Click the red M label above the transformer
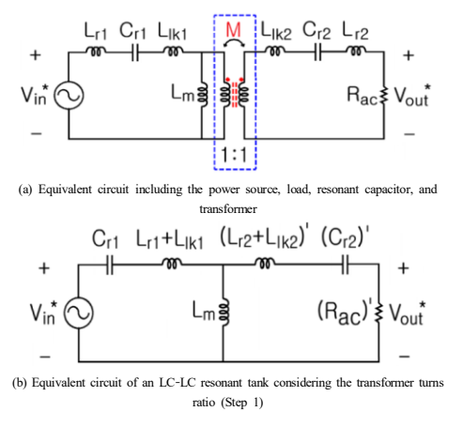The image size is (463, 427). click(x=233, y=30)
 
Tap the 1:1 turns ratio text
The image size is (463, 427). click(x=234, y=155)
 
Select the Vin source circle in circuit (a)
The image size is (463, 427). click(x=69, y=95)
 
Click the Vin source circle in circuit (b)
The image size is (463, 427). click(x=79, y=313)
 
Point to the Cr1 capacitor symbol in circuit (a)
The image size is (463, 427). click(x=135, y=53)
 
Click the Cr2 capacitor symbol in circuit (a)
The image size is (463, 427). click(x=317, y=53)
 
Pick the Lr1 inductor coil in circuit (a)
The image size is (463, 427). click(x=95, y=52)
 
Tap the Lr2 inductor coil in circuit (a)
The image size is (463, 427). click(x=356, y=51)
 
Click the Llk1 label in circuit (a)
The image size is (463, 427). click(x=172, y=32)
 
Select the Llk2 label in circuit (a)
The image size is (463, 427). click(x=276, y=32)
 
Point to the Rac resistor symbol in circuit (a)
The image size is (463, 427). click(x=385, y=95)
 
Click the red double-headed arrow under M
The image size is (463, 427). click(x=234, y=43)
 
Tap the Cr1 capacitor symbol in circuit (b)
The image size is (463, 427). click(x=110, y=265)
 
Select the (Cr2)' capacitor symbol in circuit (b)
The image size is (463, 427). click(x=345, y=265)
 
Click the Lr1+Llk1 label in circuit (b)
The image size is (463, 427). click(x=170, y=240)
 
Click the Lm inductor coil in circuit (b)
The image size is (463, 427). click(x=224, y=313)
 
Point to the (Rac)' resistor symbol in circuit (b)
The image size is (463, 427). click(x=379, y=313)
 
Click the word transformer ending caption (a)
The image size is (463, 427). click(x=228, y=209)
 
